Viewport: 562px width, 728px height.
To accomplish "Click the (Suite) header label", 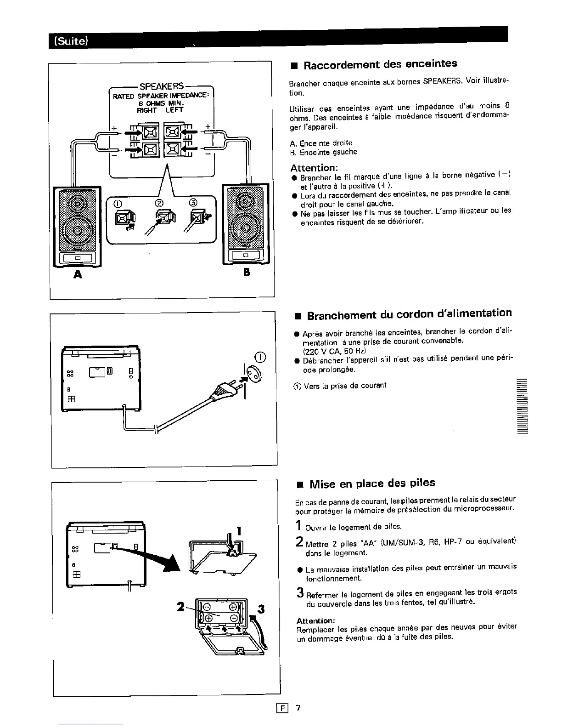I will (71, 40).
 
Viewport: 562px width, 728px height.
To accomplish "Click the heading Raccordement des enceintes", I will (380, 64).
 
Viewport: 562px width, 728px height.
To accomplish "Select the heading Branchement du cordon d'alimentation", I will (409, 315).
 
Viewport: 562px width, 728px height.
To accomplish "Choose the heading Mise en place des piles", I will (372, 483).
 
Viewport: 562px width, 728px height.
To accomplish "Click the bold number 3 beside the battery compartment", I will (261, 609).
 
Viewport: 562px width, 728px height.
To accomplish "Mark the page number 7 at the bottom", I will (298, 708).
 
